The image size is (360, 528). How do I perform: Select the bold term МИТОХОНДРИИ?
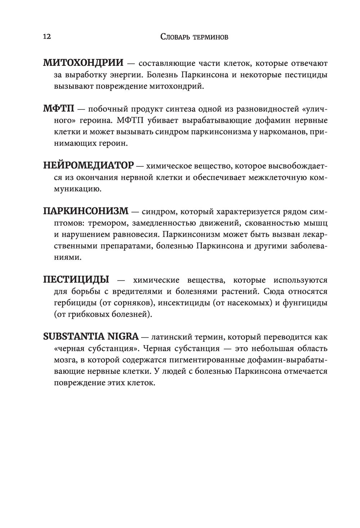click(x=83, y=63)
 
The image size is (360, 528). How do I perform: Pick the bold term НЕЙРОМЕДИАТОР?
click(x=88, y=165)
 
